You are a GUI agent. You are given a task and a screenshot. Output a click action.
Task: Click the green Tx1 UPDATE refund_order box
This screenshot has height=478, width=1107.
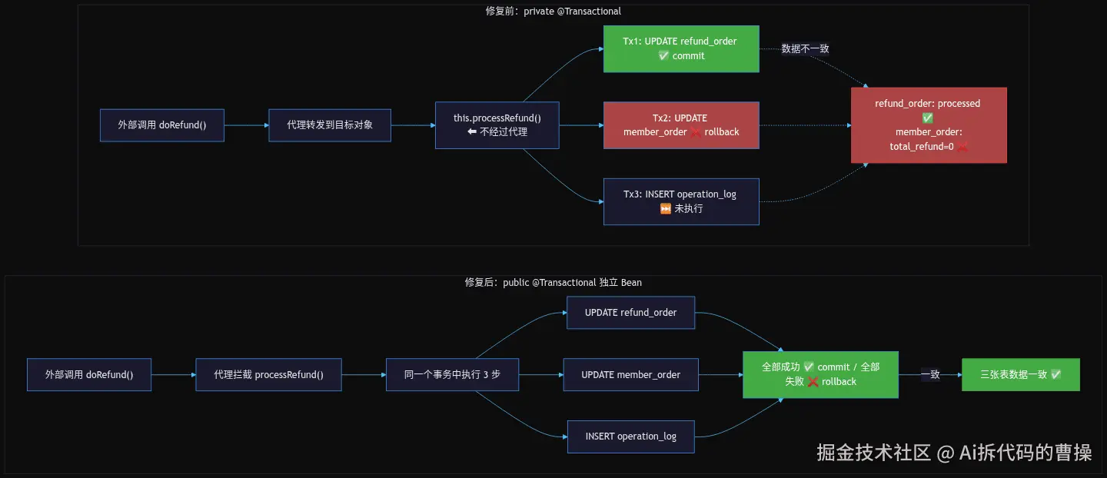[681, 49]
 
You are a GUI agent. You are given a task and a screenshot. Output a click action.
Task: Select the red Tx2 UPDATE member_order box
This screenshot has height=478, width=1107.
[681, 125]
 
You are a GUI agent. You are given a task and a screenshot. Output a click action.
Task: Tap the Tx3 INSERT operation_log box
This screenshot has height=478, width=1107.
[681, 201]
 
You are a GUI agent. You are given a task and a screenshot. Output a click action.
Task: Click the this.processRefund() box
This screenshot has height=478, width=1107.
[497, 125]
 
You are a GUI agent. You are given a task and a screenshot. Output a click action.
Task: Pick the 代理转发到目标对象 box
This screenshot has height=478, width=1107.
[330, 125]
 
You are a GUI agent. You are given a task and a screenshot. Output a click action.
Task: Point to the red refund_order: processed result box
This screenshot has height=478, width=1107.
[929, 125]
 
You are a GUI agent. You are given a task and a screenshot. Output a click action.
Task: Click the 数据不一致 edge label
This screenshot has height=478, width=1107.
[805, 48]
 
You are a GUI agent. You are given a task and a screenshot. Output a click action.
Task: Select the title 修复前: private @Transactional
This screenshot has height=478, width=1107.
[553, 11]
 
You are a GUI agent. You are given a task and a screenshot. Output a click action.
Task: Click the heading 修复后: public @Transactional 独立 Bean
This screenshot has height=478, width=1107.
[553, 282]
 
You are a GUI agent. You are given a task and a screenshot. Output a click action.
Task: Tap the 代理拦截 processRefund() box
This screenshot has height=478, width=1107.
[268, 374]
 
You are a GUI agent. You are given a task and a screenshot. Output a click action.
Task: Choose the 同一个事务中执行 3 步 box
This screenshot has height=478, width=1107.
[452, 374]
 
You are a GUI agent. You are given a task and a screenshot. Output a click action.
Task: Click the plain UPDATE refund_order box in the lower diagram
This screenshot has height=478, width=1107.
[630, 312]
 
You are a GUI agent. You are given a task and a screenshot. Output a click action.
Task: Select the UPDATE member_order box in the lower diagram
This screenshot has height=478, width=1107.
[630, 374]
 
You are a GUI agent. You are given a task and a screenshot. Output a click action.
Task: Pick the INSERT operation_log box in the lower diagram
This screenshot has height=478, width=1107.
[630, 437]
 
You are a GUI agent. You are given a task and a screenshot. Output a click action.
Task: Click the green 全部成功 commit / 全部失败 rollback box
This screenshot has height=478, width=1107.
[820, 374]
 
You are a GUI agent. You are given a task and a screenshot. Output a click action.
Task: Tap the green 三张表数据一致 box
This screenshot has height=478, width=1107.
[1021, 374]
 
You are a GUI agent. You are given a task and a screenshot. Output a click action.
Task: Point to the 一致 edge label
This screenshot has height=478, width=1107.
[930, 374]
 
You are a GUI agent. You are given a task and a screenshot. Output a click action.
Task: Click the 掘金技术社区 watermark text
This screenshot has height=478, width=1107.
[873, 453]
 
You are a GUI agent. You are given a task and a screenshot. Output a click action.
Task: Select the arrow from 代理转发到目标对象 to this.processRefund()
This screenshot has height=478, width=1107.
[413, 125]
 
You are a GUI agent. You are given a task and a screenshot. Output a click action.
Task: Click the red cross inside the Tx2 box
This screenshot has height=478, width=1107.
[695, 132]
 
